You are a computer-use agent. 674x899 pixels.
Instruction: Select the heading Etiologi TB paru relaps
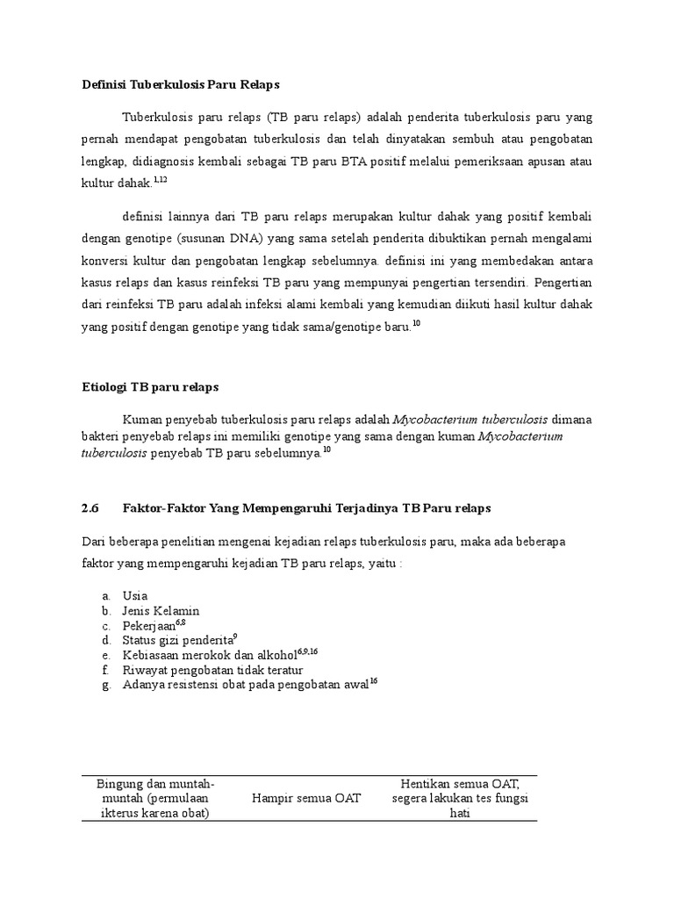[150, 386]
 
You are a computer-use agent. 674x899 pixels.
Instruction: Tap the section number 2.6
[90, 507]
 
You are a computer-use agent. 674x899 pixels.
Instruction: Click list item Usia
[135, 595]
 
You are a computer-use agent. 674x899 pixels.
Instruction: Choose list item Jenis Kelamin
[161, 610]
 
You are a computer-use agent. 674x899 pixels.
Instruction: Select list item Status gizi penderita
[179, 640]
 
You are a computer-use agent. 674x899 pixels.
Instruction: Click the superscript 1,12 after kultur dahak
[160, 179]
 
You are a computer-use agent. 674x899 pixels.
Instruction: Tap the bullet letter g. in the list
[105, 686]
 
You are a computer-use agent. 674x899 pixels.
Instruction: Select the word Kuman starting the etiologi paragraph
[142, 418]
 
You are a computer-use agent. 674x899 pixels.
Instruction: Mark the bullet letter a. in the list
[105, 596]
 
